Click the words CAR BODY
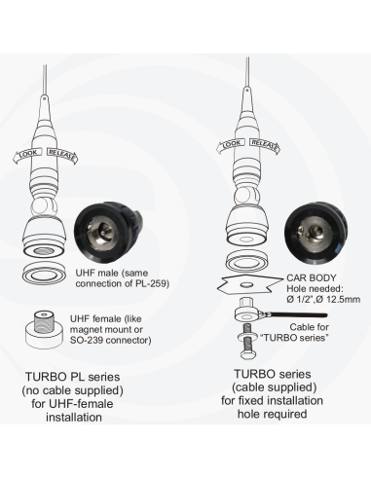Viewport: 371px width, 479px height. (x=305, y=277)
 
